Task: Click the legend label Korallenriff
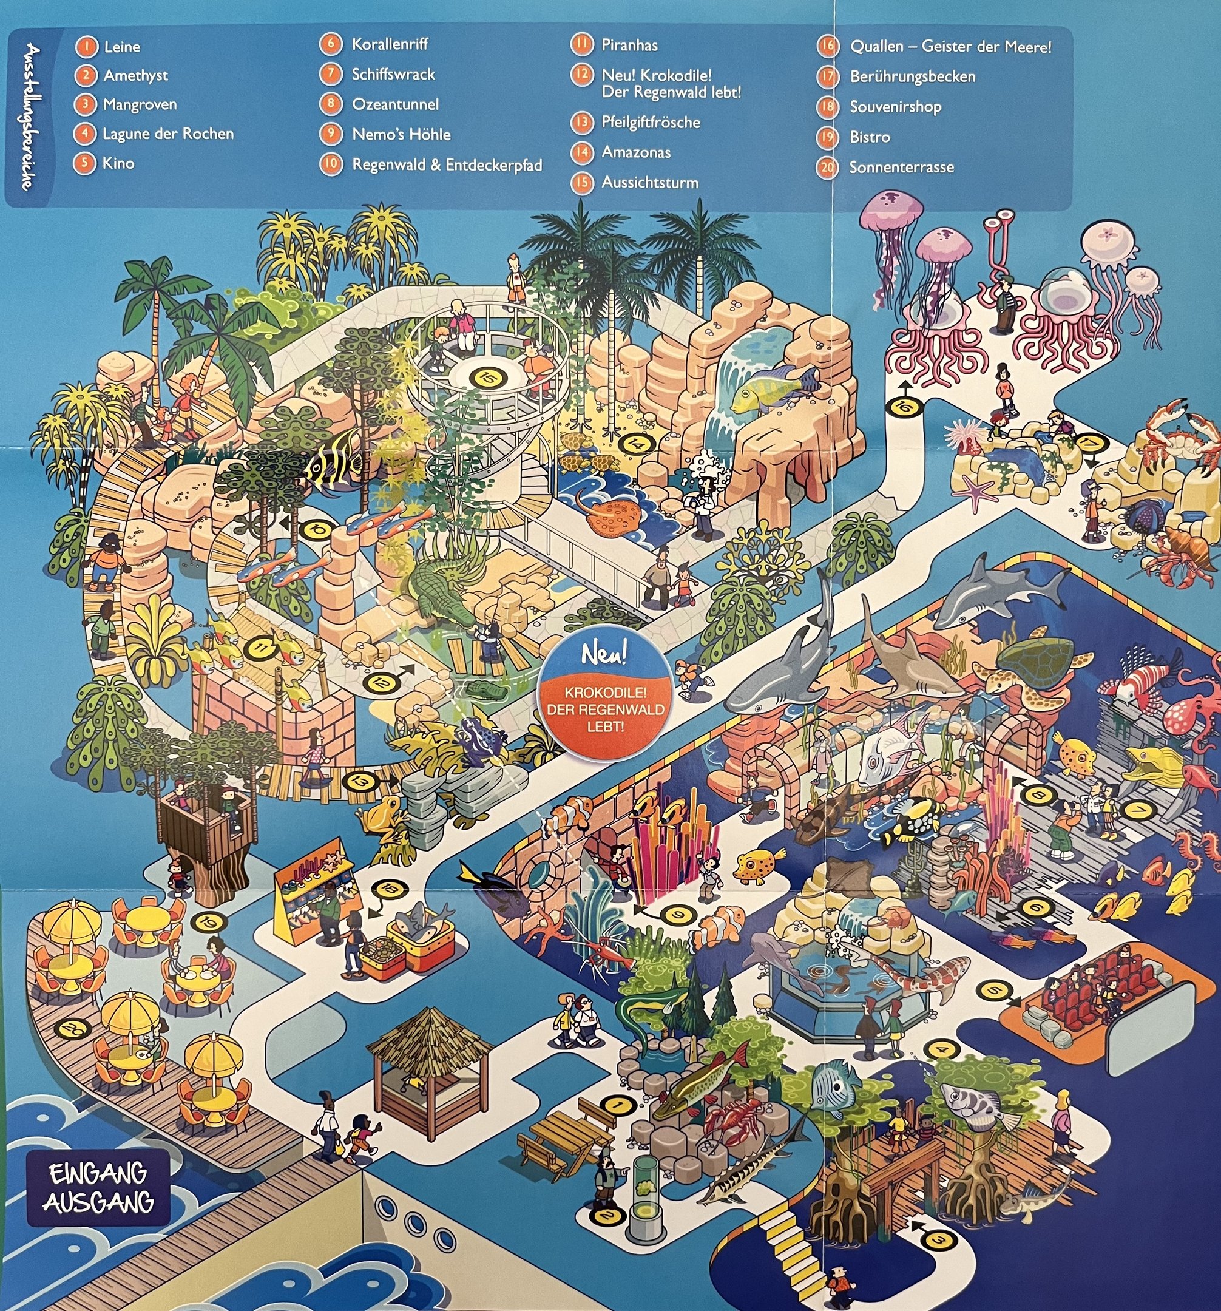(390, 44)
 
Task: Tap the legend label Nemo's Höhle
(401, 135)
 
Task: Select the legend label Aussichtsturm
(649, 183)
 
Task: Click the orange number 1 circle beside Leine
(86, 47)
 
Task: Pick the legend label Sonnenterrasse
(901, 168)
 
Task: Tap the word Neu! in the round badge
(603, 655)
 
